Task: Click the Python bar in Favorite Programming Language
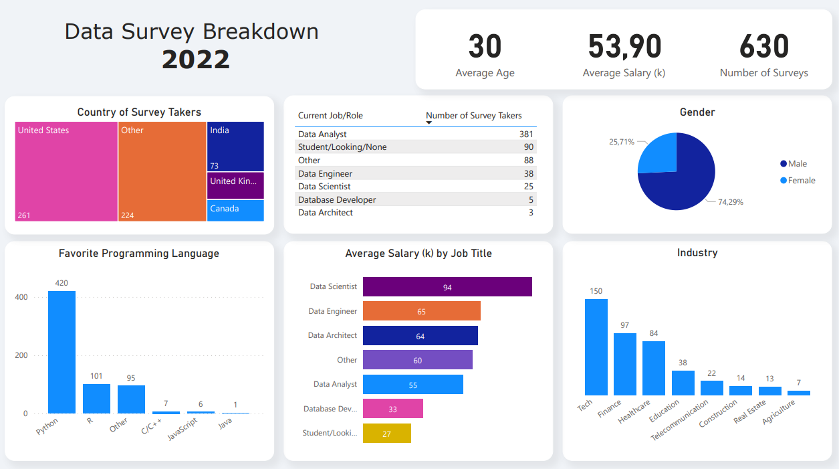tap(62, 352)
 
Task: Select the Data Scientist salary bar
tap(447, 287)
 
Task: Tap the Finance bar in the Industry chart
tap(625, 364)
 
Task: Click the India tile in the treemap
tap(235, 147)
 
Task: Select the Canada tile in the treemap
tap(235, 210)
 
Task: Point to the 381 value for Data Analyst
tap(526, 134)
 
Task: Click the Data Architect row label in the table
tap(326, 213)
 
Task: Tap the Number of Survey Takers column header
tap(474, 116)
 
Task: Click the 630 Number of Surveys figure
tap(764, 47)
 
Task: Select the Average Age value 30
tap(485, 47)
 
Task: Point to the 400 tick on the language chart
tap(21, 297)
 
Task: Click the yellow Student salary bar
tap(387, 434)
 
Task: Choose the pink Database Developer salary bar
tap(393, 409)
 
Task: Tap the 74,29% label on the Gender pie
tap(731, 201)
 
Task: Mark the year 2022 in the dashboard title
tap(196, 60)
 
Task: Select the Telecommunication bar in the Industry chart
tap(712, 388)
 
